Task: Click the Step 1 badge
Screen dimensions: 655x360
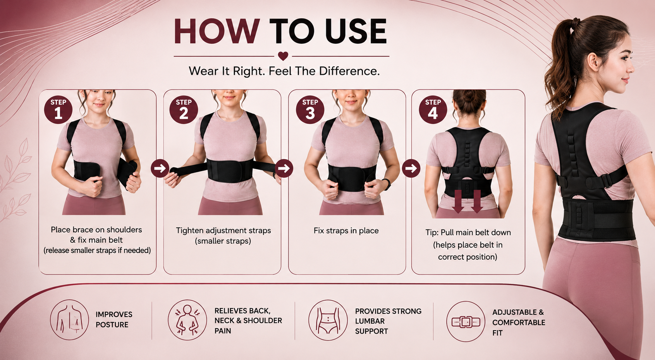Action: (58, 110)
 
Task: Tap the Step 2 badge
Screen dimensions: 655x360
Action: (184, 110)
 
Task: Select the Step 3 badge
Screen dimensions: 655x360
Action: (310, 110)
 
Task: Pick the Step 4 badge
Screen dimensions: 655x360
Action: (433, 110)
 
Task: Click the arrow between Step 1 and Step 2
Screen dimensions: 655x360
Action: (160, 168)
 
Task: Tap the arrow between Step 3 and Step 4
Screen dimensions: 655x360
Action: (411, 168)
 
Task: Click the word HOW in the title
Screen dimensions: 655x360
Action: (217, 31)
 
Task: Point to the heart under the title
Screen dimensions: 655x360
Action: (283, 56)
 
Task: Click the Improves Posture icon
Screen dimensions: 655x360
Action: (69, 320)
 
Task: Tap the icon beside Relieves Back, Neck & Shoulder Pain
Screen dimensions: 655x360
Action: (187, 320)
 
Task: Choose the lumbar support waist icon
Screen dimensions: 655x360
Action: (328, 320)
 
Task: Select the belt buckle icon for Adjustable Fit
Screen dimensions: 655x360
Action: (466, 322)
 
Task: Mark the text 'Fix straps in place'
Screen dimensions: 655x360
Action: (346, 231)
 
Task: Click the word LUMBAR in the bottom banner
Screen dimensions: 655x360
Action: (370, 321)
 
